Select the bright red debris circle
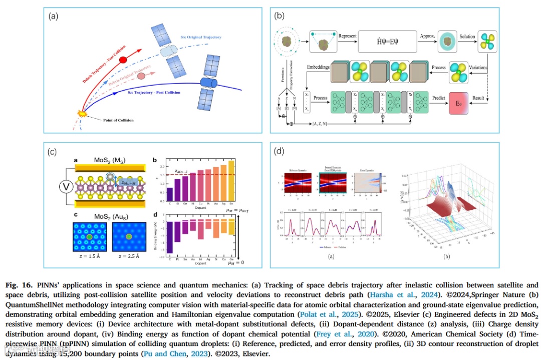click(123, 59)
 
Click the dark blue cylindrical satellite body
click(207, 82)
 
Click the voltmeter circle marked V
click(65, 187)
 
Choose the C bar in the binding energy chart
click(170, 237)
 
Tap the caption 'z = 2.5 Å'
click(129, 256)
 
